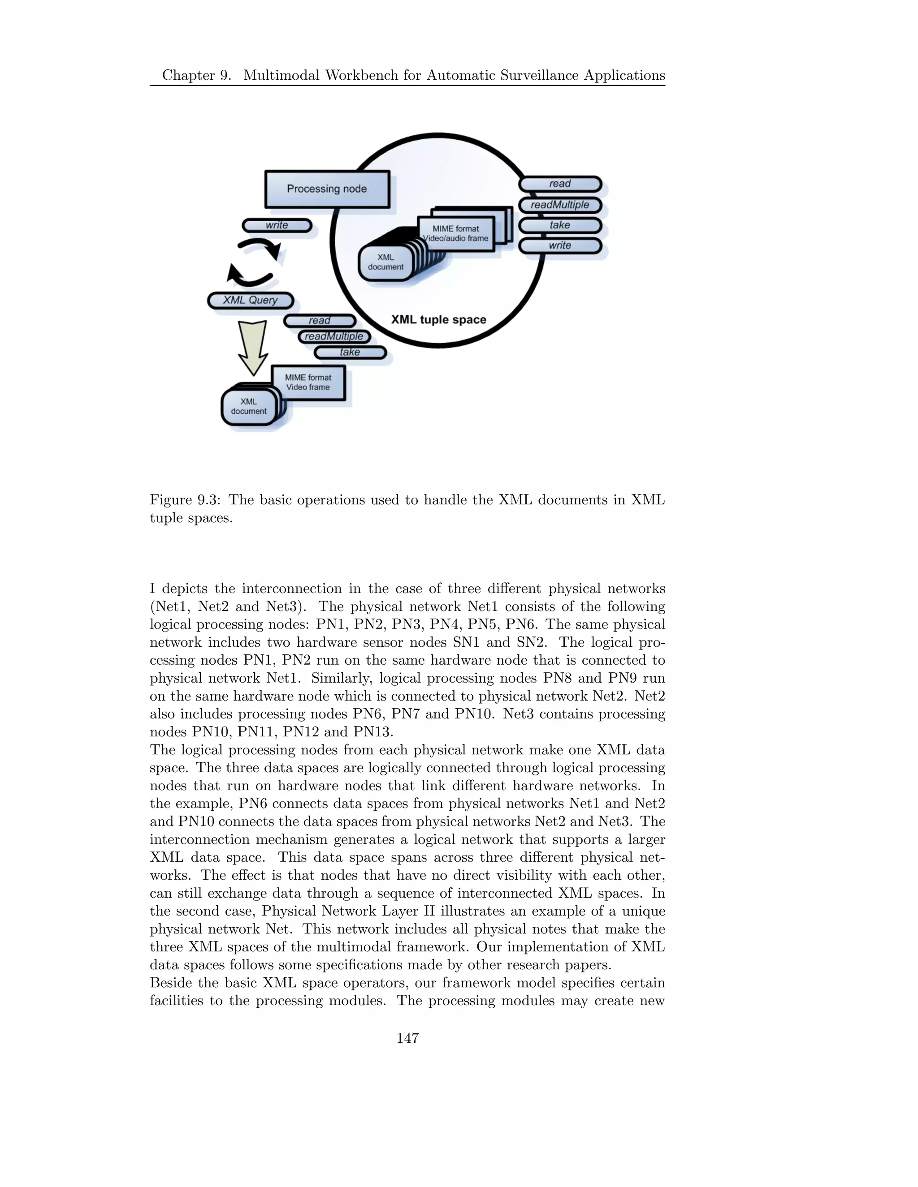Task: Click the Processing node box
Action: click(x=327, y=189)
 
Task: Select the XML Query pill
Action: click(x=251, y=300)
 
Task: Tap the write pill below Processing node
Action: click(x=277, y=225)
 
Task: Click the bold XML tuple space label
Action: click(x=438, y=319)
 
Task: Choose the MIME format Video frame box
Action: click(x=308, y=383)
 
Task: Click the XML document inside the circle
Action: click(x=385, y=262)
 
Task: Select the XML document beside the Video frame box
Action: click(x=248, y=407)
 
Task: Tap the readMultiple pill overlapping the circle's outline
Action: click(x=559, y=205)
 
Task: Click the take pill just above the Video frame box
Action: click(x=350, y=352)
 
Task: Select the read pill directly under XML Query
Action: click(x=320, y=321)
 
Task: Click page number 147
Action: click(x=407, y=1038)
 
